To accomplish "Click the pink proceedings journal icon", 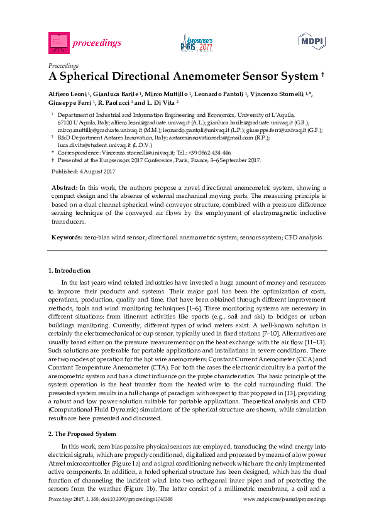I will click(x=57, y=42).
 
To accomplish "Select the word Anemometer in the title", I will click(x=188, y=77).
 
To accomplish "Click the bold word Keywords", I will click(x=66, y=237).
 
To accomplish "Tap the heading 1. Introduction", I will click(x=69, y=271).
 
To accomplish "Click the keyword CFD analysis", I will click(x=304, y=237).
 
